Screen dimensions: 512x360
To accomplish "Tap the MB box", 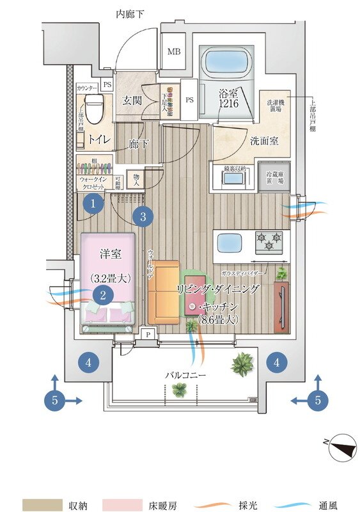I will pyautogui.click(x=173, y=52).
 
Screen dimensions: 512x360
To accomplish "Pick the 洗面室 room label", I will pyautogui.click(x=263, y=141).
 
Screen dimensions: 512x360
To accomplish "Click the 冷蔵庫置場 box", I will pyautogui.click(x=274, y=176).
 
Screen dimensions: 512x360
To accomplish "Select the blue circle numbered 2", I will pyautogui.click(x=102, y=294).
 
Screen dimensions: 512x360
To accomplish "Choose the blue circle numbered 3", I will pyautogui.click(x=143, y=216).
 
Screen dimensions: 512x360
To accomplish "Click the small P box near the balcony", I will pyautogui.click(x=147, y=333).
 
